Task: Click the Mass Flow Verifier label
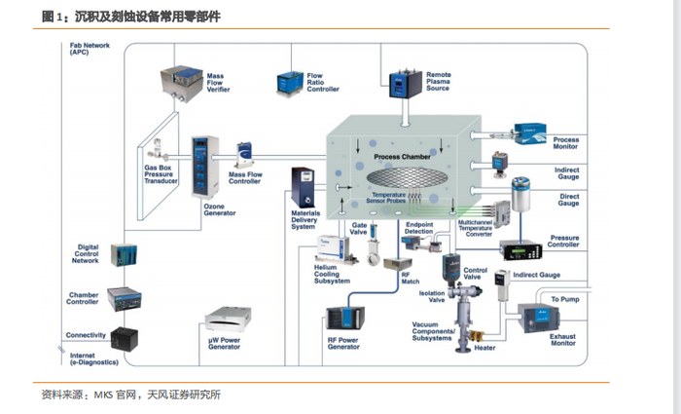pos(217,82)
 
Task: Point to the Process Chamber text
pos(402,156)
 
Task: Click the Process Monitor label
pos(565,142)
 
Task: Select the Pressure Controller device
pos(525,249)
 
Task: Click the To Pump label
pos(566,299)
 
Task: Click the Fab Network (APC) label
pos(87,49)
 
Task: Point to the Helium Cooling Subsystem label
pos(333,274)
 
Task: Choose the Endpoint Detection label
pos(418,228)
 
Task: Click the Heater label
pos(484,348)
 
